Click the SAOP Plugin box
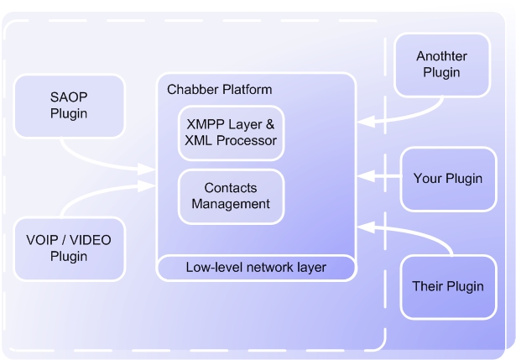pos(69,106)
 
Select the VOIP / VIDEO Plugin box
pos(69,248)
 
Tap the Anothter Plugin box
pos(441,65)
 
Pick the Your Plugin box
pos(447,179)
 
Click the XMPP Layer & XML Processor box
pos(231,133)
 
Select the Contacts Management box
pos(231,196)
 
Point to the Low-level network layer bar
pos(256,268)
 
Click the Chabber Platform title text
pos(220,90)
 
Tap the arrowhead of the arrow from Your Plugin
pos(362,177)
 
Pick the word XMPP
pos(204,125)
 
